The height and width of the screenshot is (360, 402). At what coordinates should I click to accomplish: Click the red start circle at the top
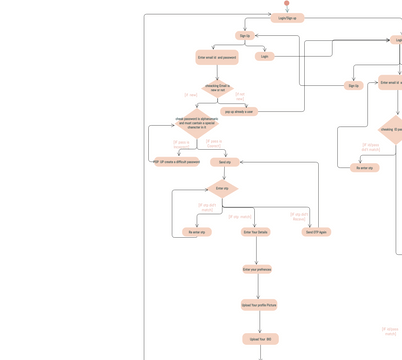click(x=286, y=3)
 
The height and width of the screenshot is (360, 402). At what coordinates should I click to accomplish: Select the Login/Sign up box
click(x=287, y=18)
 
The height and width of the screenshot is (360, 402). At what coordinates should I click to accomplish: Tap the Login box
click(x=264, y=56)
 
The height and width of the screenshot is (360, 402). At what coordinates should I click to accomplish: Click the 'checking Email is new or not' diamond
click(x=217, y=88)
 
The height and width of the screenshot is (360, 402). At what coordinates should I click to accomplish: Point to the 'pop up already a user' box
click(x=240, y=112)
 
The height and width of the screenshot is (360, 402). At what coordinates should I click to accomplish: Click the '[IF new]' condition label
click(x=191, y=96)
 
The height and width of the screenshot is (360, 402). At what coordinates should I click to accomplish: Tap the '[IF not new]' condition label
click(x=239, y=96)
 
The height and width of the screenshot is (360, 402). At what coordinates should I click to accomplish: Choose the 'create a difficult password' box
click(x=179, y=161)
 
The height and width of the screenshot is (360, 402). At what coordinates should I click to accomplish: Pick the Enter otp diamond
click(x=222, y=188)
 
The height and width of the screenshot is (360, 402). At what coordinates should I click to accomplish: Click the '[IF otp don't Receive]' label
click(x=299, y=215)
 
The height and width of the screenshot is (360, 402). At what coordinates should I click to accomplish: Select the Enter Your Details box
click(x=256, y=232)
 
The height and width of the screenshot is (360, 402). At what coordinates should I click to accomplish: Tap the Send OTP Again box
click(x=316, y=232)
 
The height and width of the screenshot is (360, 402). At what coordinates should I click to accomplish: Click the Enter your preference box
click(x=257, y=269)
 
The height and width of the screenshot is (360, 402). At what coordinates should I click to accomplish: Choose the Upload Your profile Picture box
click(x=259, y=305)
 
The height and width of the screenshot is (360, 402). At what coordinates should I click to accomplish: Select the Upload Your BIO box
click(x=259, y=339)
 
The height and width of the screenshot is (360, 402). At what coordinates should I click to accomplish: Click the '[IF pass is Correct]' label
click(x=214, y=143)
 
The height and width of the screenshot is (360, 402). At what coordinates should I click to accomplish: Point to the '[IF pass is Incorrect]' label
click(x=181, y=144)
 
